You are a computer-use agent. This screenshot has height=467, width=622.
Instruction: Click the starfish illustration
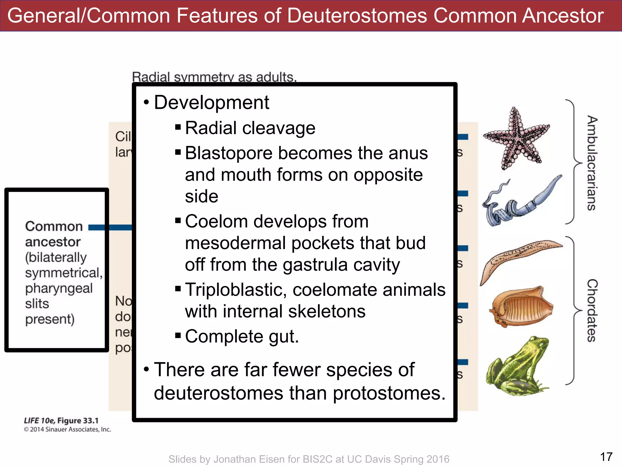coord(517,138)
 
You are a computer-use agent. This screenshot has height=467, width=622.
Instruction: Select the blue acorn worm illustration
coord(519,202)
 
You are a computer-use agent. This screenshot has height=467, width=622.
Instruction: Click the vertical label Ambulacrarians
coord(592,163)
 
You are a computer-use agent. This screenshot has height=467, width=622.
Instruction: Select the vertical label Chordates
coord(592,310)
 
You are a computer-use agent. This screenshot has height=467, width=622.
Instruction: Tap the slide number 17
coord(606,457)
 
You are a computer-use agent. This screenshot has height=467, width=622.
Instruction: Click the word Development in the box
coord(211,102)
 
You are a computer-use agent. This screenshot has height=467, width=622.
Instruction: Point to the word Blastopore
coord(228,153)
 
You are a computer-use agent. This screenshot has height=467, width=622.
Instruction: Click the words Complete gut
coord(242,337)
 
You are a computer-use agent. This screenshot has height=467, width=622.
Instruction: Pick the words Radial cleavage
coord(250,128)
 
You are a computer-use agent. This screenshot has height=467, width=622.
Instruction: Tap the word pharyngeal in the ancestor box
coord(59,289)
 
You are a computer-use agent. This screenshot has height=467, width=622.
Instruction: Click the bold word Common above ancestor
coord(54,227)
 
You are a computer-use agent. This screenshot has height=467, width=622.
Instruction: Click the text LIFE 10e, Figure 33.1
coord(61,421)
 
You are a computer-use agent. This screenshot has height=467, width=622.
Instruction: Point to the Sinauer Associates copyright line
coord(67,430)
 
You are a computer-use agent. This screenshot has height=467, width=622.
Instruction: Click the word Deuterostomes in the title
coord(357,16)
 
